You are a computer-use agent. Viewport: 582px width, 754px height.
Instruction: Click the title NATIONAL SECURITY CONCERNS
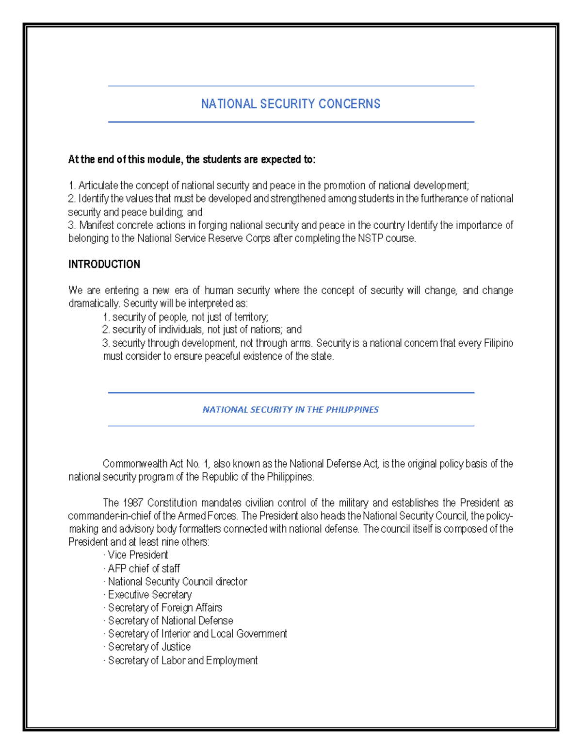pos(291,104)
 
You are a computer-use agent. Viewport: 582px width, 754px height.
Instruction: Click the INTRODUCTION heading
pos(104,264)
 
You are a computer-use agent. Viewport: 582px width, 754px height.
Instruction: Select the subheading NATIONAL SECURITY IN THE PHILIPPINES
pos(291,409)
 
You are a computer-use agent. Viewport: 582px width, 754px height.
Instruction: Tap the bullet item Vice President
pos(138,555)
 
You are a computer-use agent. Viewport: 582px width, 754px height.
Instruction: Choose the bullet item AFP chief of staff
pos(144,568)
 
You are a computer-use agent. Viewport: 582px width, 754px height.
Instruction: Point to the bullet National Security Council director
pos(177,581)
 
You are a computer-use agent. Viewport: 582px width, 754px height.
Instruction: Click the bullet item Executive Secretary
pos(149,594)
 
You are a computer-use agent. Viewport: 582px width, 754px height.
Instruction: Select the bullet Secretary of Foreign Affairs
pos(165,607)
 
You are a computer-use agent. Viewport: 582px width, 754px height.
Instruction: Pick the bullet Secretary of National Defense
pos(170,620)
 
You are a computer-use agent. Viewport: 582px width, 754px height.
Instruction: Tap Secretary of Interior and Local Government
pos(197,634)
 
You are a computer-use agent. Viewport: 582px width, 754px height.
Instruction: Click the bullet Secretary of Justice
pos(149,647)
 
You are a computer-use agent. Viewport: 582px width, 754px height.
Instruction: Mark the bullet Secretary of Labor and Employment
pos(182,660)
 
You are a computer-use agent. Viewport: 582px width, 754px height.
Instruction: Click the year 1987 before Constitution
pos(133,503)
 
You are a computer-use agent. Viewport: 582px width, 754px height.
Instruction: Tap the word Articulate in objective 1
pos(98,185)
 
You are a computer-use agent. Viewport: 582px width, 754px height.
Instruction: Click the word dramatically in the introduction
pos(94,303)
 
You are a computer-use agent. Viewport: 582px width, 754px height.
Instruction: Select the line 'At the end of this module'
pos(192,160)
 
